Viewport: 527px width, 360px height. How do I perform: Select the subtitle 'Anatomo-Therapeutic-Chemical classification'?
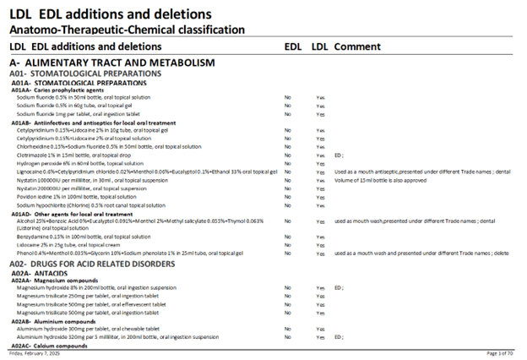pos(127,30)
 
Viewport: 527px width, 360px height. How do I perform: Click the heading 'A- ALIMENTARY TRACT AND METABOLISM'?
pos(111,63)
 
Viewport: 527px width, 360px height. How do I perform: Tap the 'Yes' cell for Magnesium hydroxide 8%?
pos(320,288)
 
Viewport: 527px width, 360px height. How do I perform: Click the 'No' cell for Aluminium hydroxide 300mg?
pos(287,329)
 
